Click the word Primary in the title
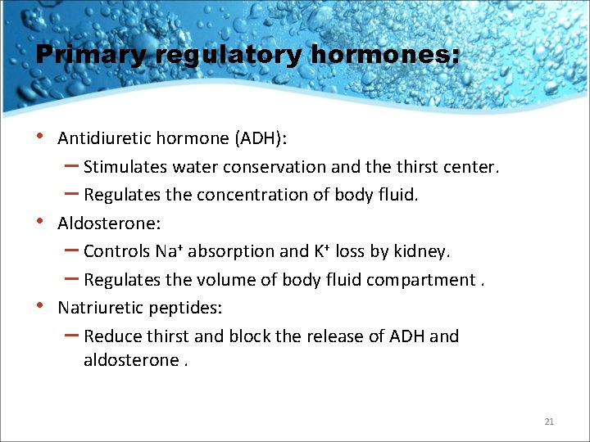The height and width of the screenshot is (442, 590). (x=88, y=56)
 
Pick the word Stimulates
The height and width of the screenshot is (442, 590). (x=125, y=167)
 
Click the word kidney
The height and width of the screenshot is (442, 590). (x=421, y=251)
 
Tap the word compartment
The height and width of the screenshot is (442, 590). (x=419, y=280)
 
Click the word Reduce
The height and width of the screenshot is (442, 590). (x=111, y=336)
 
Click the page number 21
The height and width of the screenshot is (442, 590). (x=549, y=422)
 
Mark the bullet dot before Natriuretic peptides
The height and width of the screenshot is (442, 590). (x=41, y=306)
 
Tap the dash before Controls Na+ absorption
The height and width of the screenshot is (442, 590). (x=70, y=250)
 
